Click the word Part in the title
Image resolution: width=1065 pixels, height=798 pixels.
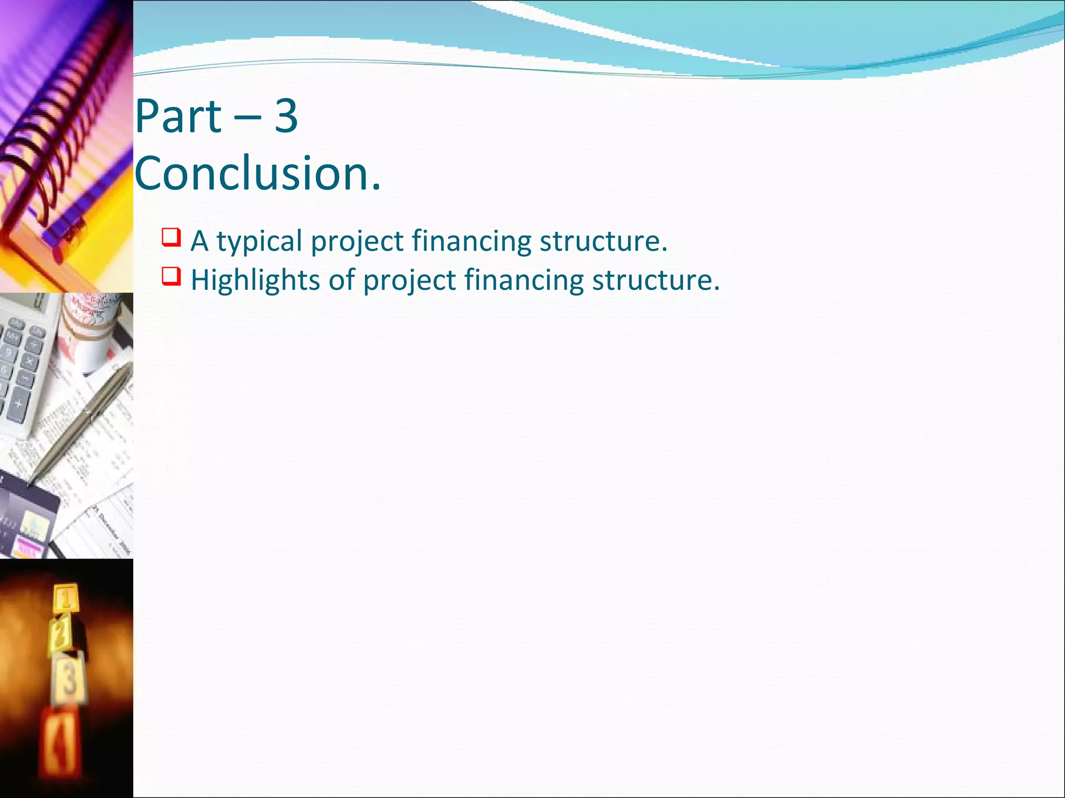click(178, 116)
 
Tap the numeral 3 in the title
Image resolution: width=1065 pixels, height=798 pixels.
click(285, 116)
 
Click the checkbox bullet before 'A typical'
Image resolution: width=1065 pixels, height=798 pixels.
click(171, 237)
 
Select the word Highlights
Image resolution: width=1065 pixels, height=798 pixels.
click(255, 281)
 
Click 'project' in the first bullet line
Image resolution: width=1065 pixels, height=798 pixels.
click(357, 242)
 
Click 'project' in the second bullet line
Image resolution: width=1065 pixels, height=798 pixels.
click(409, 281)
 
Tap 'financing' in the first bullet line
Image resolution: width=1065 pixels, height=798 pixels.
click(471, 242)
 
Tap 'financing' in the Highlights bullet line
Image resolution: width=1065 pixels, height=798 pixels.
click(524, 281)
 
